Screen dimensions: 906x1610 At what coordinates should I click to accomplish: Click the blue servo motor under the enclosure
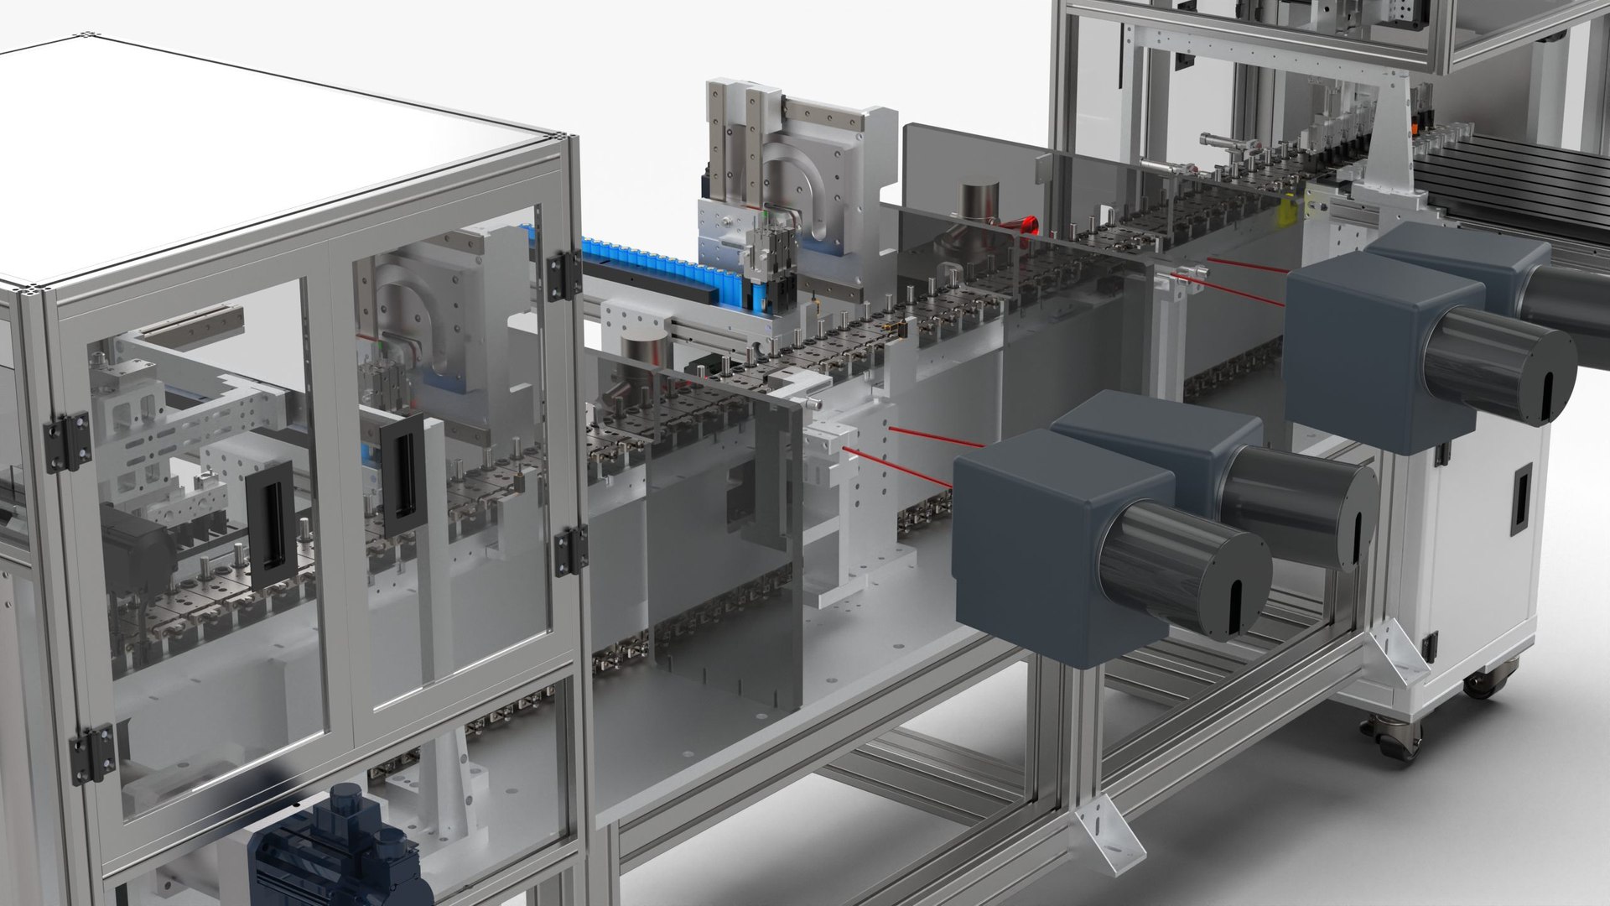tap(335, 847)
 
